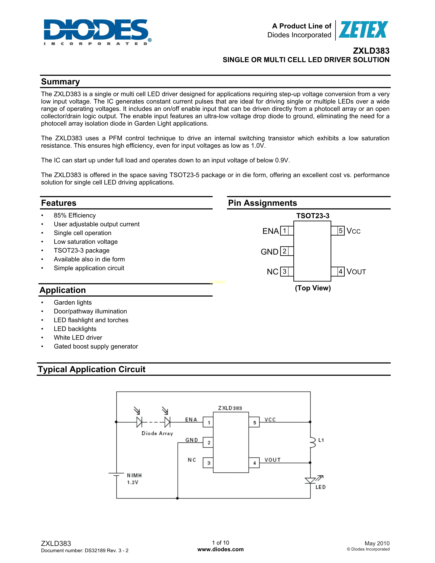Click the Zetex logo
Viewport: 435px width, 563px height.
(363, 30)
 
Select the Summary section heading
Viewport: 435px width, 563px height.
(61, 82)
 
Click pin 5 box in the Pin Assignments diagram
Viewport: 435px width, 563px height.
(340, 231)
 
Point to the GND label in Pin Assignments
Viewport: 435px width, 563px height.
(269, 252)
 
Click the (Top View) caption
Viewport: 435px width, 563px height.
(313, 288)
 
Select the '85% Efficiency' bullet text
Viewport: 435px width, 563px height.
(75, 215)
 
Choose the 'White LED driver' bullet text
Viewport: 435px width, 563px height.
(78, 337)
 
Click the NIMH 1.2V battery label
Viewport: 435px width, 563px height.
(134, 479)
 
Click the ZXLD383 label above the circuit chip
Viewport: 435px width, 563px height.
(230, 408)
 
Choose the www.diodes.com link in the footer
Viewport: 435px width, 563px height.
(220, 549)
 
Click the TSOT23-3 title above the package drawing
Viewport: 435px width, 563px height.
(313, 216)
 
